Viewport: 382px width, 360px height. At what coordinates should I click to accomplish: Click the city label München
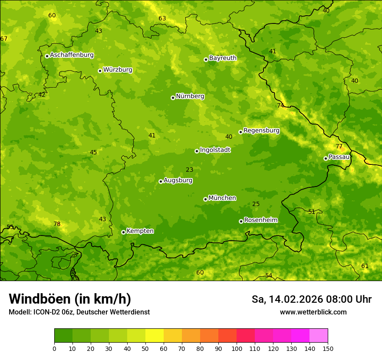click(x=222, y=198)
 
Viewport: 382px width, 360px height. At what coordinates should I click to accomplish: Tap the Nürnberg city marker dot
click(x=173, y=98)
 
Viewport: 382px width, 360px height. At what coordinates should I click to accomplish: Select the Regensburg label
click(x=261, y=131)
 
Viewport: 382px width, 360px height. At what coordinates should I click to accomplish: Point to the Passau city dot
click(x=326, y=158)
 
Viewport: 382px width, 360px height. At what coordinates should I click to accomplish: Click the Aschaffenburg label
click(x=72, y=55)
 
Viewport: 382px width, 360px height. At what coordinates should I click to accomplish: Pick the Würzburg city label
click(x=118, y=70)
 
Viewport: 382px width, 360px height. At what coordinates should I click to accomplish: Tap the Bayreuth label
click(x=223, y=58)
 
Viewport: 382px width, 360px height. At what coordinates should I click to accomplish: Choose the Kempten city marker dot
click(x=123, y=232)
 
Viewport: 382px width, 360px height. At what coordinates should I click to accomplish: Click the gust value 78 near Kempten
click(x=57, y=224)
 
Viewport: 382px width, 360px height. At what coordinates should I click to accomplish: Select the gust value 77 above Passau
click(x=339, y=147)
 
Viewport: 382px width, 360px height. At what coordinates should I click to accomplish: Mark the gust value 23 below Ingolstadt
click(x=190, y=170)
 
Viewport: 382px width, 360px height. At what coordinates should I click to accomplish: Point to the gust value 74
click(x=280, y=105)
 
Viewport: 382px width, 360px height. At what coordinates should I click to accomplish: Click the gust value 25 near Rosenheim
click(x=256, y=204)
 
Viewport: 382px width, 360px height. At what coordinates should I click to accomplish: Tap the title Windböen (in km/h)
click(x=70, y=299)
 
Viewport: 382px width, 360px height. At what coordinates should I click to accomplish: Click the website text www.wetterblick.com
click(x=313, y=312)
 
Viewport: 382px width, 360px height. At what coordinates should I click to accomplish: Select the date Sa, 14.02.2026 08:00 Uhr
click(x=311, y=299)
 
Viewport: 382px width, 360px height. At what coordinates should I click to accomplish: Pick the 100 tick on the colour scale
click(x=237, y=349)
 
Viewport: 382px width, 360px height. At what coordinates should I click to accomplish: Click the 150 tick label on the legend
click(x=328, y=349)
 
